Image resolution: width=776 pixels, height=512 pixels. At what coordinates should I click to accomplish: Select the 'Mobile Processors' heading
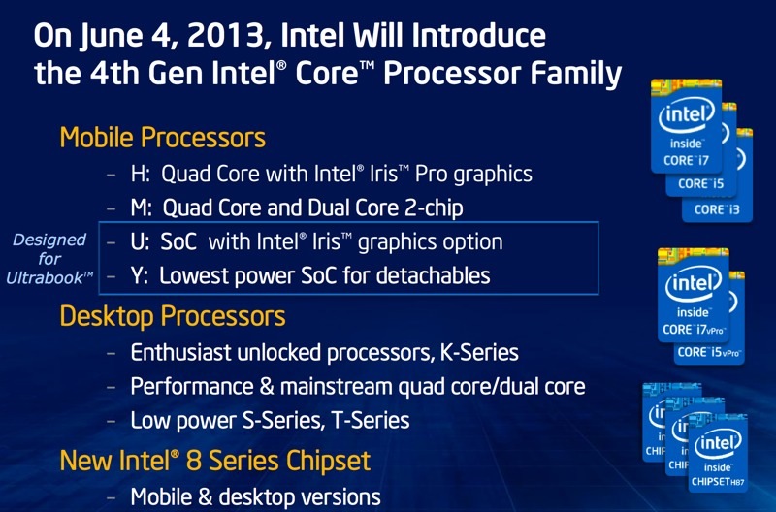(162, 138)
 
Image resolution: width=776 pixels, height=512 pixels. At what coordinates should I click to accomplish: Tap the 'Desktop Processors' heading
(172, 315)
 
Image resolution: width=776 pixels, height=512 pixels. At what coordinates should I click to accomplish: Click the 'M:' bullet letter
(143, 208)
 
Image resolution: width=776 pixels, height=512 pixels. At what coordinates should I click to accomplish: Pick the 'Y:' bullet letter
(141, 275)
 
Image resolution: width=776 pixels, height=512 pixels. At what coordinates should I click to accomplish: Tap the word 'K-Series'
(478, 353)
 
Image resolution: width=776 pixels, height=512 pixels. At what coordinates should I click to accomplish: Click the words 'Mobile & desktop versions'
(256, 496)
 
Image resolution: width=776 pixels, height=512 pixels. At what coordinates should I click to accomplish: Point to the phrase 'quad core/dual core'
(494, 387)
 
